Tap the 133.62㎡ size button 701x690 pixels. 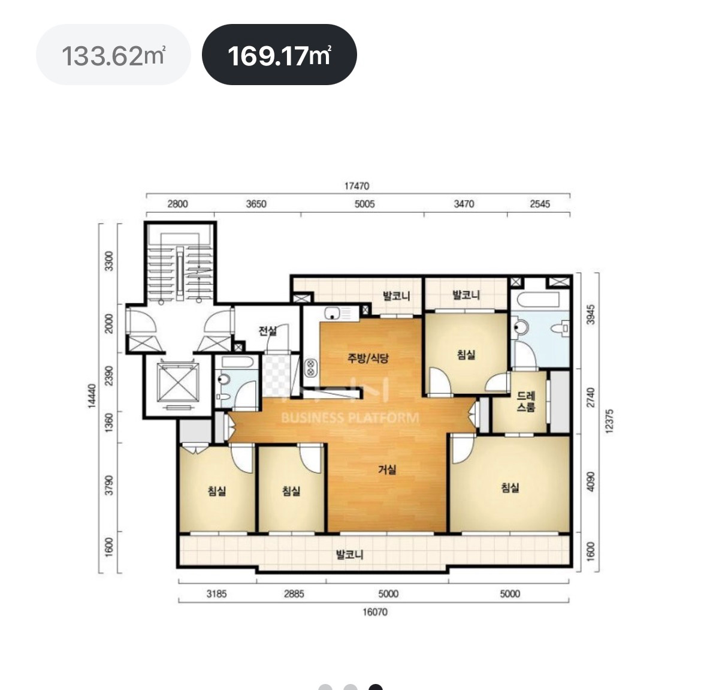tap(113, 55)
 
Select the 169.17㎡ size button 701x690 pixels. tap(279, 55)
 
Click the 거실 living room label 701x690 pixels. tap(387, 469)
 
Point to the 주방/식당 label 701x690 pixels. tap(368, 358)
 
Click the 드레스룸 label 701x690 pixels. tap(526, 402)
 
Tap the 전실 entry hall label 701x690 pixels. tap(268, 330)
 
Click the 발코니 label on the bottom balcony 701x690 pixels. tap(350, 555)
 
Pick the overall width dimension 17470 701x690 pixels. tap(356, 186)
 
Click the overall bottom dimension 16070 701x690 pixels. tap(374, 611)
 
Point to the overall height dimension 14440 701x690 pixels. tap(92, 396)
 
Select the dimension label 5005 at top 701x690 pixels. tap(364, 204)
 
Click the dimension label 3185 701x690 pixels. tap(216, 594)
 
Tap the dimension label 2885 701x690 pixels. tap(294, 594)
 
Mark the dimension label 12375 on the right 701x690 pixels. tap(609, 421)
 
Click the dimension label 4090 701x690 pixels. tap(591, 481)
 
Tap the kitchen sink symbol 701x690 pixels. tap(333, 314)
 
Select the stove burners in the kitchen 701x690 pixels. tap(310, 368)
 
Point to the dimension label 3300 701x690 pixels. tap(108, 261)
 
